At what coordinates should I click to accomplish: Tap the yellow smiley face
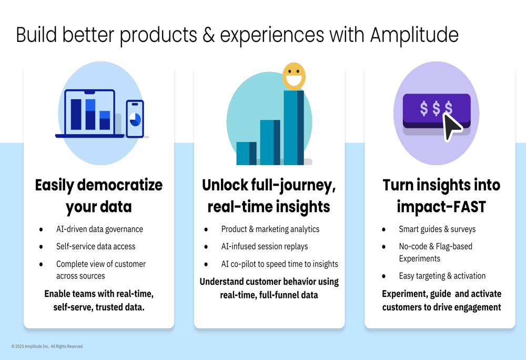tap(294, 76)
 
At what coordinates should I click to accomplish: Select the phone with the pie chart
tap(135, 119)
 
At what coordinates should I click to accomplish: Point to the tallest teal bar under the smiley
tap(294, 127)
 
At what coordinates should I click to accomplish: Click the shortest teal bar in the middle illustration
tap(247, 153)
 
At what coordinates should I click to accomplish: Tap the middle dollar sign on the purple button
tap(436, 108)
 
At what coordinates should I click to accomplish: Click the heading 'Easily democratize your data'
tap(99, 196)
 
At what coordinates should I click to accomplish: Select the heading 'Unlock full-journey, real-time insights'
tap(269, 196)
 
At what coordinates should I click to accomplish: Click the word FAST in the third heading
tap(469, 207)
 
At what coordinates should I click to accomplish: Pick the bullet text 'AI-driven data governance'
tap(99, 229)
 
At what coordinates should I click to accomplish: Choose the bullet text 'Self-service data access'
tap(96, 246)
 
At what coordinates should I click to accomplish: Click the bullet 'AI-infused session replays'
tap(265, 246)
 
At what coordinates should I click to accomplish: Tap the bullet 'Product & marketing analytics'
tap(270, 229)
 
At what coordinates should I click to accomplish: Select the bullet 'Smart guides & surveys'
tap(437, 229)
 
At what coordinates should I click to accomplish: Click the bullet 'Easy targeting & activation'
tap(442, 276)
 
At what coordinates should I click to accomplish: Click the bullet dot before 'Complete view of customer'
tap(41, 264)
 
